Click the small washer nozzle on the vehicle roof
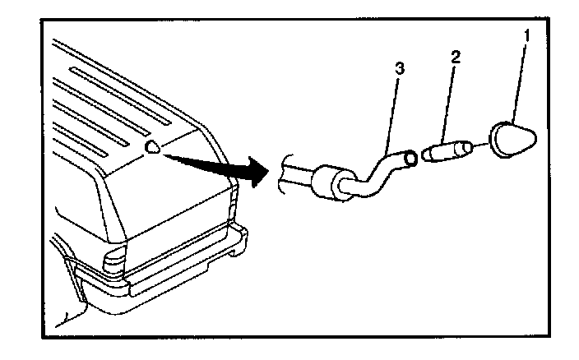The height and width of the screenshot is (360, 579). tap(153, 146)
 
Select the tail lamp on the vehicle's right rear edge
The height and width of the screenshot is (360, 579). tap(234, 197)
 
